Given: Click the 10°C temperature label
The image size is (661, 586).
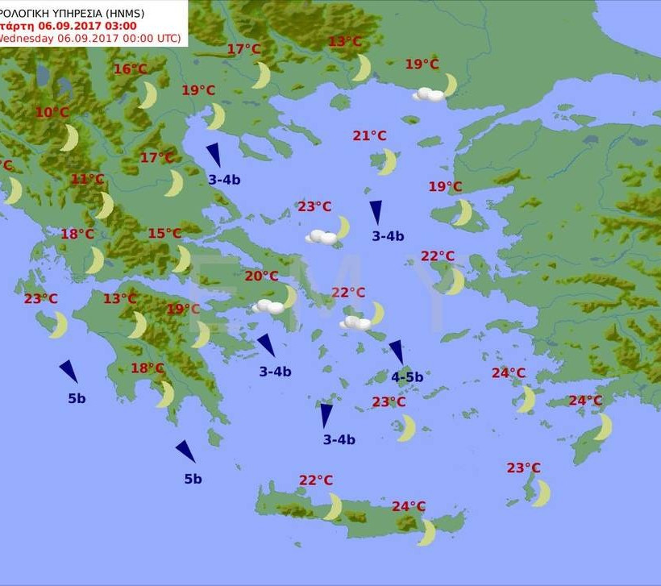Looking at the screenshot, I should click(x=52, y=113).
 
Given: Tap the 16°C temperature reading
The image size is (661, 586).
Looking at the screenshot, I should click(x=130, y=69).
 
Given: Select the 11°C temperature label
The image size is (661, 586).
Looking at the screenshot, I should click(x=87, y=180).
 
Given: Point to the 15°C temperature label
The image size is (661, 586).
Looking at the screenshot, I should click(x=164, y=234).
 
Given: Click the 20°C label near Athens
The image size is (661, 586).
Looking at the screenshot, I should click(x=261, y=276).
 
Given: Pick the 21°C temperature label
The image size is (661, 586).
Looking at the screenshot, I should click(x=369, y=136).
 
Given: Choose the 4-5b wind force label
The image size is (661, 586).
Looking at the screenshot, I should click(x=407, y=377).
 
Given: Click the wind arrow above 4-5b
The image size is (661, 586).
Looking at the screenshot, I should click(x=397, y=351).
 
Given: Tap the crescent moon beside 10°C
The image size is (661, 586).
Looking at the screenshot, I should click(x=70, y=138).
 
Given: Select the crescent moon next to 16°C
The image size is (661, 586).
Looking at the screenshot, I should click(x=148, y=95).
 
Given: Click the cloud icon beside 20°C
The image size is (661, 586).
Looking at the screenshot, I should click(x=268, y=306).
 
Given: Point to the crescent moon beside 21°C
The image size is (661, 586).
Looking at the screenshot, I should click(x=388, y=162).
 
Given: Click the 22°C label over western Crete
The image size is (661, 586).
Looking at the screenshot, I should click(x=316, y=480).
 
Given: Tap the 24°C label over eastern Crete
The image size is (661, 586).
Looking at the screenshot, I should click(x=409, y=507).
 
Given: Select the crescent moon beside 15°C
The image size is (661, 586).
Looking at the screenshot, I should click(x=183, y=260).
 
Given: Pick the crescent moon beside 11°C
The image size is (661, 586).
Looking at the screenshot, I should click(x=105, y=206).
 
